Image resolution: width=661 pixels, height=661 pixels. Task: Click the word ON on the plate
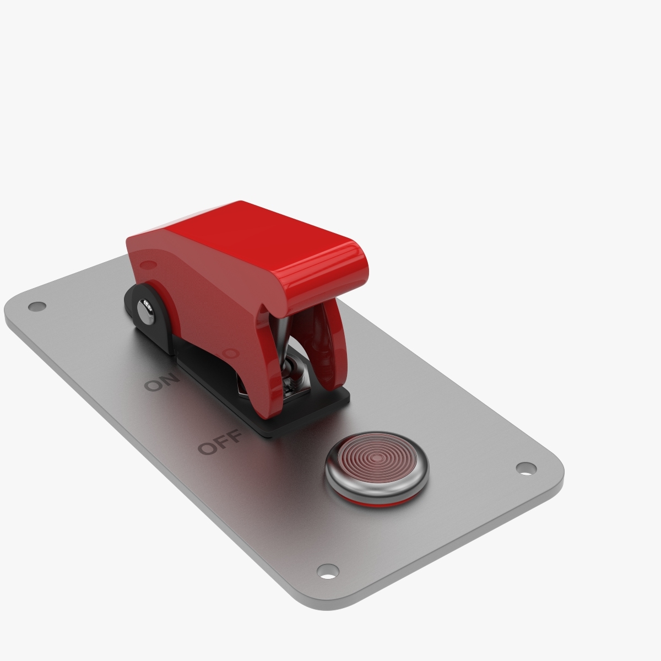tap(161, 381)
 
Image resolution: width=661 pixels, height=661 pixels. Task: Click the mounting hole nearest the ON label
tap(37, 306)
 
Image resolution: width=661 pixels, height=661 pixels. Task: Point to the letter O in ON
tap(153, 385)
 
